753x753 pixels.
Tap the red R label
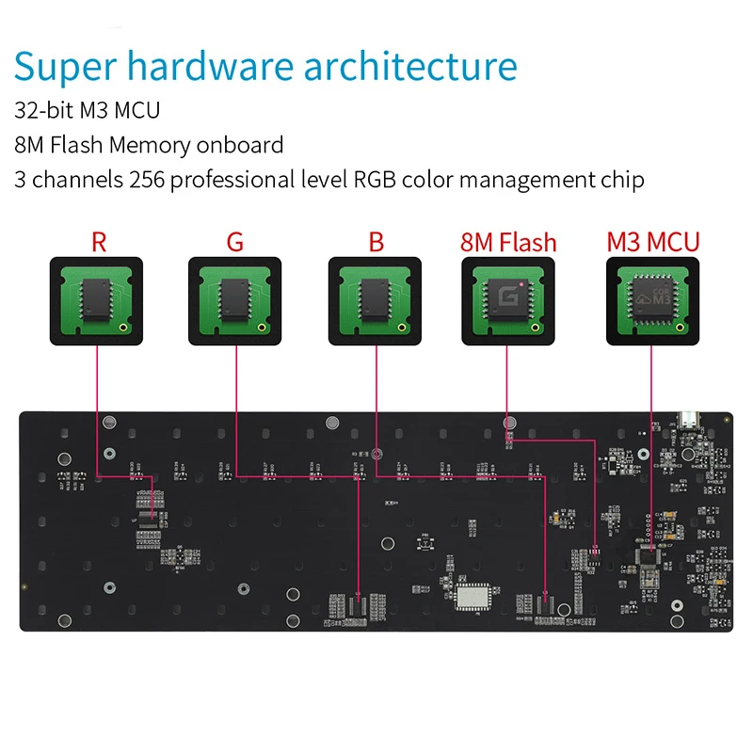(x=99, y=241)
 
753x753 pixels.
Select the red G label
(x=234, y=241)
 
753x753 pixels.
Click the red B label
(x=376, y=241)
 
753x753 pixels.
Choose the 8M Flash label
(x=508, y=241)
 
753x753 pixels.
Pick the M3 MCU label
(x=652, y=241)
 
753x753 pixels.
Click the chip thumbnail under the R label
(x=96, y=297)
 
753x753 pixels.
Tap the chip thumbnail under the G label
(x=234, y=297)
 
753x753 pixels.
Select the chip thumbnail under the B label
(x=375, y=297)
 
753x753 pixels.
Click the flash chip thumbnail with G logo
(x=508, y=297)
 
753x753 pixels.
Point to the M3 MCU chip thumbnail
(x=652, y=297)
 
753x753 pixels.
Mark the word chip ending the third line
(x=623, y=179)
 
